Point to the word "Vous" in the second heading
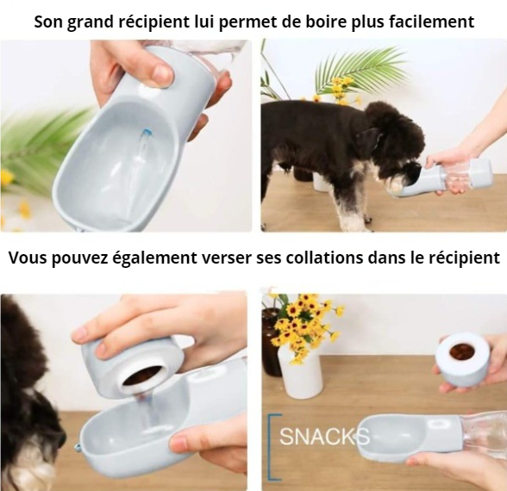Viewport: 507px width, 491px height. coord(28,258)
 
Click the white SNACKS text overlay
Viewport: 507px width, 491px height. coord(324,437)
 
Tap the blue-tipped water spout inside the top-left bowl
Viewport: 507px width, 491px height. coord(145,139)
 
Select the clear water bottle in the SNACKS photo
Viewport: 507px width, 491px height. coord(484,435)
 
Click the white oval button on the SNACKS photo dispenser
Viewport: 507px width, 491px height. coord(437,425)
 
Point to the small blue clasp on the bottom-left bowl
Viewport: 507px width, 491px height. coord(78,448)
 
